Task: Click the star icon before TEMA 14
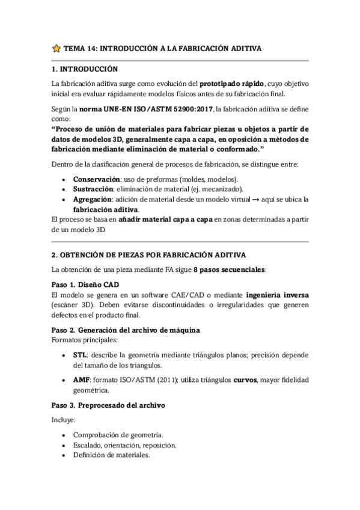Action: pos(56,48)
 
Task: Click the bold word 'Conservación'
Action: pos(96,179)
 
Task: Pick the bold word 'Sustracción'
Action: pos(93,189)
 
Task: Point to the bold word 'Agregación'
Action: pos(93,199)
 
